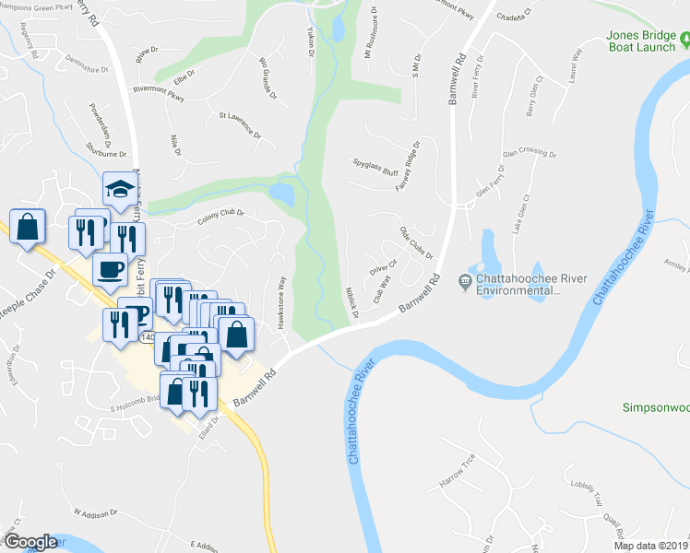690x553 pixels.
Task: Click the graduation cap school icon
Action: [x=118, y=190]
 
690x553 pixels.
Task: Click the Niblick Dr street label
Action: [x=351, y=302]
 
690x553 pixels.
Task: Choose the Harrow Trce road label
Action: [x=457, y=470]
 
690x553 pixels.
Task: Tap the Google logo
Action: [x=30, y=542]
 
